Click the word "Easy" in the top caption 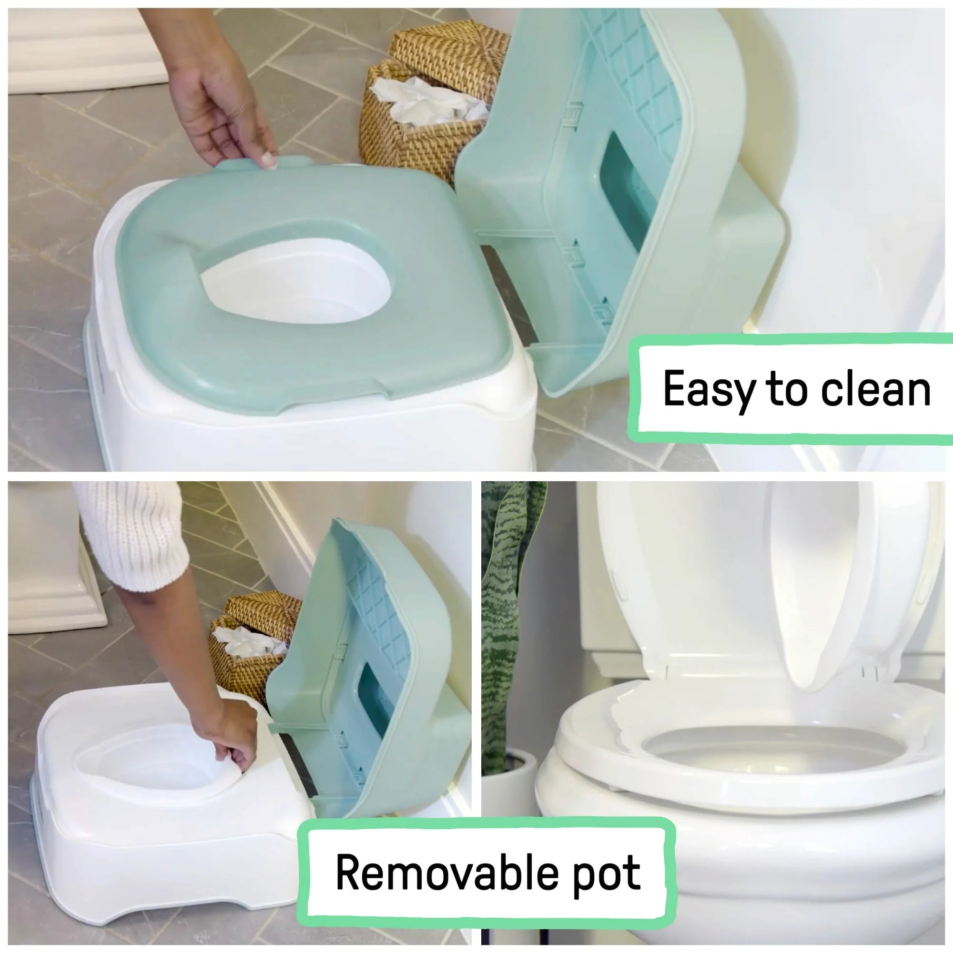click(x=709, y=390)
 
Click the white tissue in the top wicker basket click(x=424, y=103)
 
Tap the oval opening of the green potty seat click(x=296, y=281)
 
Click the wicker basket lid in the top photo click(x=449, y=54)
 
